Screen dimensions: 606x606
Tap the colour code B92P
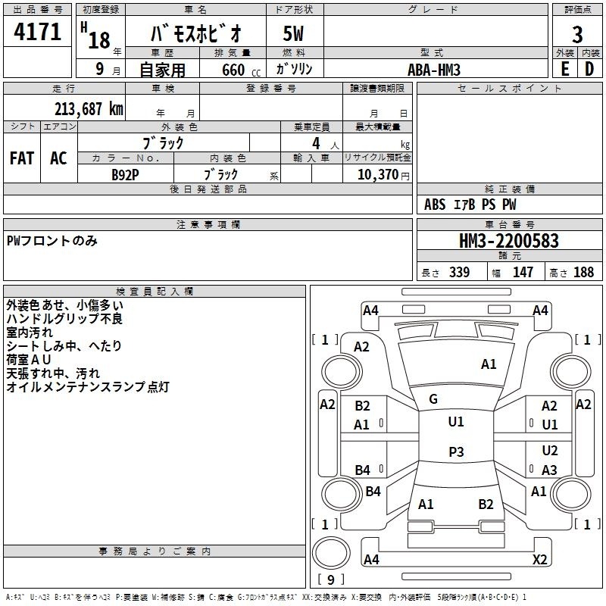125,173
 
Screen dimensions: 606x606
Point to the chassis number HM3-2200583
509,241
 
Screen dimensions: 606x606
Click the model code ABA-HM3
433,69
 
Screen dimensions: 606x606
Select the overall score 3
577,34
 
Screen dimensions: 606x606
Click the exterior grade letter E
564,69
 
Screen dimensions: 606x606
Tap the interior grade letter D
589,69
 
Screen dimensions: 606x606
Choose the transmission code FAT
22,158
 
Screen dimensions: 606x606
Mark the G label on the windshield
433,398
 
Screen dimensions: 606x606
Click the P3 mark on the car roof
455,452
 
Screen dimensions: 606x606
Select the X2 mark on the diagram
539,560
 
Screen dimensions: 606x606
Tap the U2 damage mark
549,451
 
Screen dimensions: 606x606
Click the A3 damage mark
549,470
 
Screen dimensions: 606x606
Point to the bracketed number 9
330,579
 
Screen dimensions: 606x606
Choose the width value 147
523,273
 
